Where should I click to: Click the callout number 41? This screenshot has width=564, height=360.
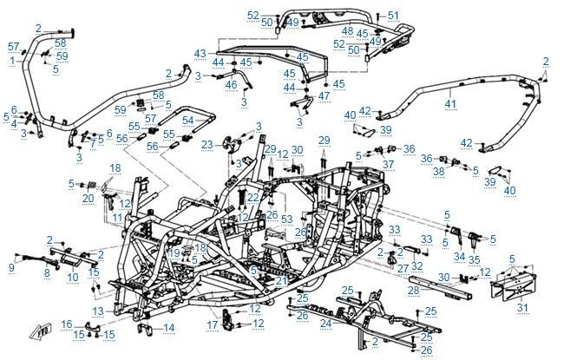click(449, 104)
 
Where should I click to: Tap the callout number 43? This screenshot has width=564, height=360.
click(200, 53)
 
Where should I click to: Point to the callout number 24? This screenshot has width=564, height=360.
click(326, 323)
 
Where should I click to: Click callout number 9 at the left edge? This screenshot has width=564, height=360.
click(11, 268)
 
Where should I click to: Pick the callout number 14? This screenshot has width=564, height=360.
click(169, 327)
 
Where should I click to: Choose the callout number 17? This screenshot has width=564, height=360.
click(213, 325)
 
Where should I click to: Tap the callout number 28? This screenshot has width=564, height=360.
click(414, 290)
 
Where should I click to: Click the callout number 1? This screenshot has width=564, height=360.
click(12, 60)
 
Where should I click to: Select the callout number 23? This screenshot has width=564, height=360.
click(207, 144)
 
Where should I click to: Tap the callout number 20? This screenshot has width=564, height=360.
click(88, 199)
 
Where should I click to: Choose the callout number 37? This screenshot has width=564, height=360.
click(387, 164)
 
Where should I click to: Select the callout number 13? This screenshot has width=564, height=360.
click(98, 311)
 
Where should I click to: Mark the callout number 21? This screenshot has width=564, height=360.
click(279, 279)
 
